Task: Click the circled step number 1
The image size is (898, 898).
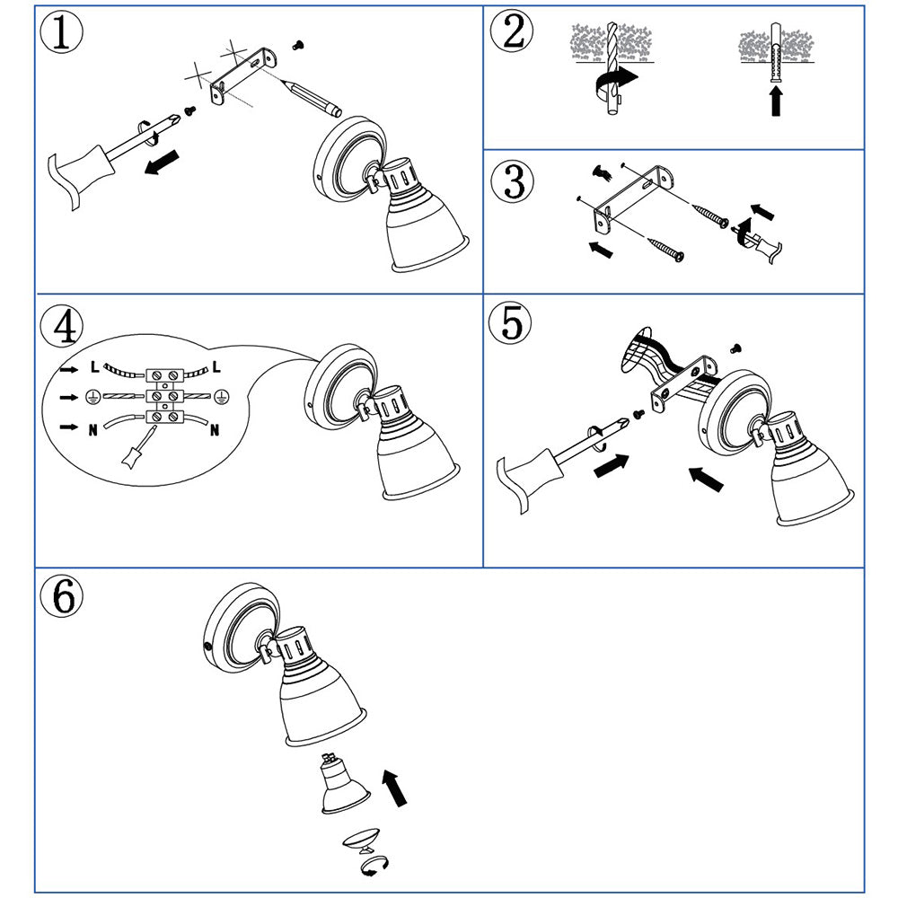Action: click(61, 32)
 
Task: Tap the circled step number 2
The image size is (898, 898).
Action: click(512, 31)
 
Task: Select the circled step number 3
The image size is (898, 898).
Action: click(512, 181)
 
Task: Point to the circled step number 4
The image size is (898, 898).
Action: click(61, 327)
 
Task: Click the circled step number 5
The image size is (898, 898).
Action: click(510, 322)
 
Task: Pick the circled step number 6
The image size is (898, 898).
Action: click(61, 595)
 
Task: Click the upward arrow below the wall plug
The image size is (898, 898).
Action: click(776, 100)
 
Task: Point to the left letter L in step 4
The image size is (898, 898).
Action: click(95, 366)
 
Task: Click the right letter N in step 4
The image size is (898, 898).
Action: click(215, 429)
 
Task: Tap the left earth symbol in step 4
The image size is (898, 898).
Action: click(92, 396)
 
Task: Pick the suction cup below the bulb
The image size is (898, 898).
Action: click(361, 839)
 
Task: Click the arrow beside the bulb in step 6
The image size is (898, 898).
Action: click(394, 788)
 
